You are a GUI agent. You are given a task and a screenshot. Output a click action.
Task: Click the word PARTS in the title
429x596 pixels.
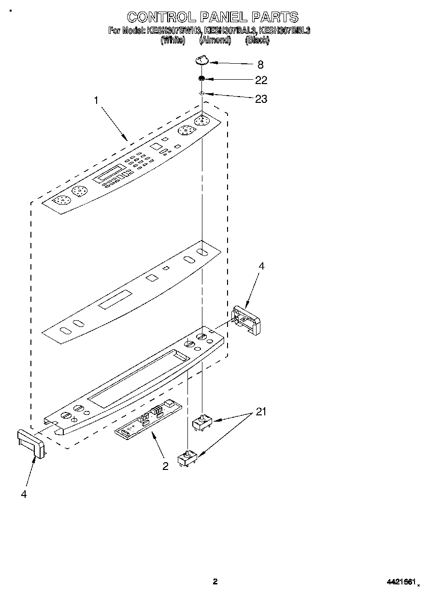274,17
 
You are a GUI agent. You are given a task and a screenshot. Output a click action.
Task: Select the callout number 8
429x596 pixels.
260,65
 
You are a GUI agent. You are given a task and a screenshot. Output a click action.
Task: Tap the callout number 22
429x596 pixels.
261,80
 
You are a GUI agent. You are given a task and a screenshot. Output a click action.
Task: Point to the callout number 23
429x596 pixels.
261,99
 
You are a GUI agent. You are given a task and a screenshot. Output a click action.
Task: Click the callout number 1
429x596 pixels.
97,101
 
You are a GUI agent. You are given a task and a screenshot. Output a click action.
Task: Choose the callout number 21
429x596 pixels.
261,412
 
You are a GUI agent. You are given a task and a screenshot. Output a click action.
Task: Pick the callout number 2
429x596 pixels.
165,466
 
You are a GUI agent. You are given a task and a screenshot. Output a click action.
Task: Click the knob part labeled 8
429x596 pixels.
202,60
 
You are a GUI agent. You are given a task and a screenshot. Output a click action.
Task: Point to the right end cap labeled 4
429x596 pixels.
247,320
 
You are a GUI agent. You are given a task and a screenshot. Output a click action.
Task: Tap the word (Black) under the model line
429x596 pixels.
257,41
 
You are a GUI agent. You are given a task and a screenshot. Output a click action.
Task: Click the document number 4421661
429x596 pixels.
400,582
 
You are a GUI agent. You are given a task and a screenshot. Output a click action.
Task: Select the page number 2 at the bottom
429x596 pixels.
215,582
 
